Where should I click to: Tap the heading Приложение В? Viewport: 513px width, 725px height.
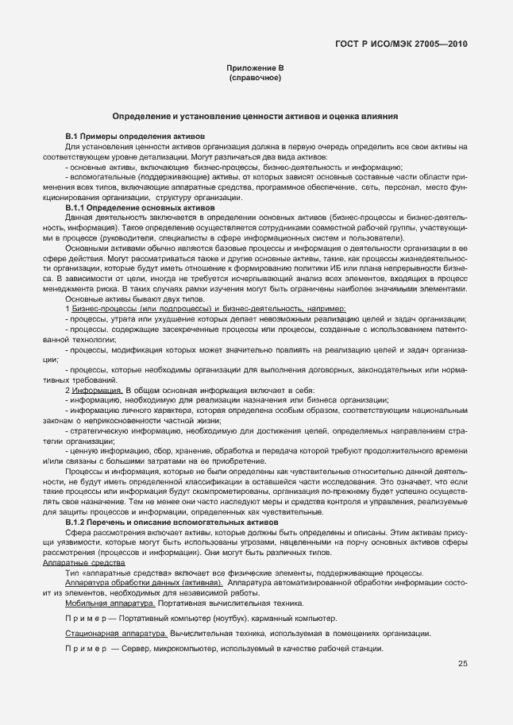256,69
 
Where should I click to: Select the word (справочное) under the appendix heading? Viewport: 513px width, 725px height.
256,79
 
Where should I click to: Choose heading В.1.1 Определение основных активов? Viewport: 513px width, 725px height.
140,206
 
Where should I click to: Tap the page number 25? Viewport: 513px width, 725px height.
462,664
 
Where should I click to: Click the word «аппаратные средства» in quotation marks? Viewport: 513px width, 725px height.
121,573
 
